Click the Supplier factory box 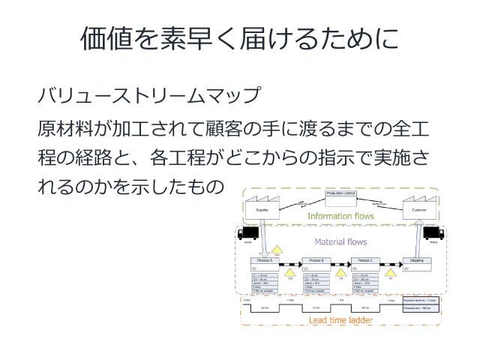click(262, 208)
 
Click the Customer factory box click(418, 208)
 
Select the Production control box click(340, 196)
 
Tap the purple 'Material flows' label click(340, 241)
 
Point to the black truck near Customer click(435, 234)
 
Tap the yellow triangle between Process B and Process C click(341, 273)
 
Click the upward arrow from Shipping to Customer click(418, 236)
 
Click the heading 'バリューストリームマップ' click(148, 97)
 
